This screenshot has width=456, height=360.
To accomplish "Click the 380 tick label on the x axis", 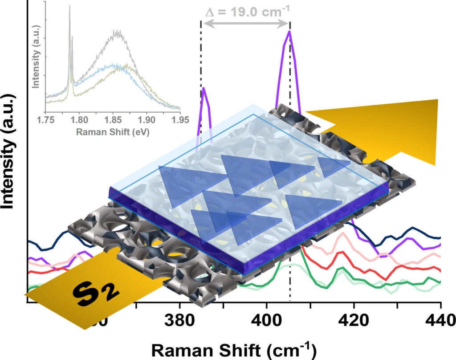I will pyautogui.click(x=179, y=321).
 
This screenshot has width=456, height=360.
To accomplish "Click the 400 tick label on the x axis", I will pyautogui.click(x=266, y=321).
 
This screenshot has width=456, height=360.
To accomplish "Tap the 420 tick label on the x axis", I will pyautogui.click(x=354, y=321).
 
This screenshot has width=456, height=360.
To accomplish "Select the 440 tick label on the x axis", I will pyautogui.click(x=440, y=321).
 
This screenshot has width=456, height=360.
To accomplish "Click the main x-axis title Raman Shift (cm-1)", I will pyautogui.click(x=234, y=350).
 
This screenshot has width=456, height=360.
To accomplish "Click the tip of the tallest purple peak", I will pyautogui.click(x=289, y=31).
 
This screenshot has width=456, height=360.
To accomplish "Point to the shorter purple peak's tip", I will pyautogui.click(x=204, y=88).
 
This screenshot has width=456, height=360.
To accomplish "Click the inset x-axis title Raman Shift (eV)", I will pyautogui.click(x=112, y=132).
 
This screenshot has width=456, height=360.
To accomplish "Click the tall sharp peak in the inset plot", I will pyautogui.click(x=69, y=7).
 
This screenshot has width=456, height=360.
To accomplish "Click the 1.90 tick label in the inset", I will pyautogui.click(x=147, y=120).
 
